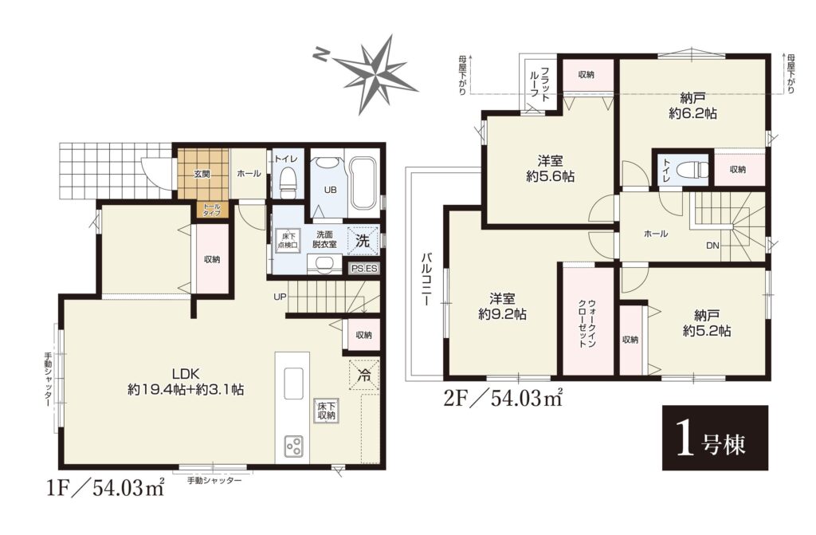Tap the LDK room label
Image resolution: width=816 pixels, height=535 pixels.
click(186, 381)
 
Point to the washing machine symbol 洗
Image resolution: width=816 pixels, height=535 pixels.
click(363, 240)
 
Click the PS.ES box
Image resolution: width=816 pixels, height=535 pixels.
click(364, 269)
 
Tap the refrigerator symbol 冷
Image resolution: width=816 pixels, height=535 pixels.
click(364, 373)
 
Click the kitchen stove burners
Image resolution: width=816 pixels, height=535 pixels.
click(293, 446)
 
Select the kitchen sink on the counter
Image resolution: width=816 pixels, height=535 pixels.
click(293, 384)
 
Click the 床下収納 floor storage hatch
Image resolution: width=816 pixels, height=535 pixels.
click(327, 411)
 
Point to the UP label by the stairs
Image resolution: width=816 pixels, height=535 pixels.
click(280, 297)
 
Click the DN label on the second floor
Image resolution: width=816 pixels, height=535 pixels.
click(713, 245)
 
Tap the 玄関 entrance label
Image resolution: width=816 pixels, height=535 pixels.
click(202, 174)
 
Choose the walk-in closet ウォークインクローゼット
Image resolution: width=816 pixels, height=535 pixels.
click(588, 321)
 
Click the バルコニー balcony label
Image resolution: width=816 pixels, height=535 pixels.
click(426, 279)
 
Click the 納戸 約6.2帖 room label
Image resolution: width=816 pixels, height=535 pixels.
click(692, 106)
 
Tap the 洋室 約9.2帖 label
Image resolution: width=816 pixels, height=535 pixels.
click(502, 306)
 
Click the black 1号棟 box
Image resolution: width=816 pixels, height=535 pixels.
click(715, 438)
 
